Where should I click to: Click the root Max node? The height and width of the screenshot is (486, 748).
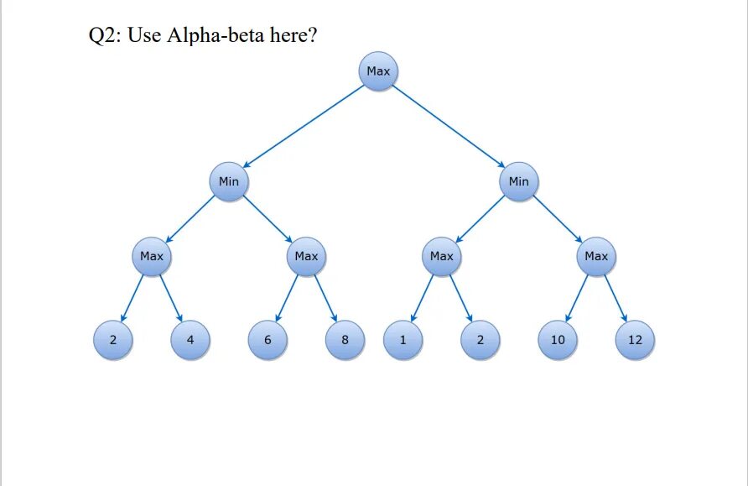(x=378, y=71)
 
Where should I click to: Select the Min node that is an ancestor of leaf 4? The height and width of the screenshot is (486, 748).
(x=229, y=181)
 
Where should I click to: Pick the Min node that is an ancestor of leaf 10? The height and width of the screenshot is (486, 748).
(x=519, y=181)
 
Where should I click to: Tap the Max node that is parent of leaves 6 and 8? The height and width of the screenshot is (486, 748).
(x=306, y=256)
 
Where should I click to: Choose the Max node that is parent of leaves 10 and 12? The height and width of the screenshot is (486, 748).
(x=596, y=256)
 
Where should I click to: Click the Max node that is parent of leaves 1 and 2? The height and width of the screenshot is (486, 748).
(x=441, y=256)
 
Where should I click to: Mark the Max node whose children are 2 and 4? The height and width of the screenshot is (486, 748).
(x=152, y=256)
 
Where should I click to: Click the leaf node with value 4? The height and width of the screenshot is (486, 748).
(x=190, y=340)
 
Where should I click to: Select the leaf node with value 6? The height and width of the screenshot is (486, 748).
(x=268, y=340)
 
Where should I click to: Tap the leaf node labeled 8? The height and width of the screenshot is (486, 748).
(x=345, y=340)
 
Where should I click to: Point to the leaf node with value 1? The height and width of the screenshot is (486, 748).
(x=403, y=340)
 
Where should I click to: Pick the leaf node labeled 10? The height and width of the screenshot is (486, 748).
(x=558, y=340)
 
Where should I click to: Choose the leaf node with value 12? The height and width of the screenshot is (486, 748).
(x=635, y=340)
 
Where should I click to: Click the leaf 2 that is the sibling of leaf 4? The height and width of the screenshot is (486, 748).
(x=113, y=340)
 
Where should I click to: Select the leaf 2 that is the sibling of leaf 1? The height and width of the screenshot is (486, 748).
(x=480, y=340)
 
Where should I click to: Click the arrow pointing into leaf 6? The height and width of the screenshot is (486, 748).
(x=287, y=298)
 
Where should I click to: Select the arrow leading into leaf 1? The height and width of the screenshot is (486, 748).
(x=422, y=298)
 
